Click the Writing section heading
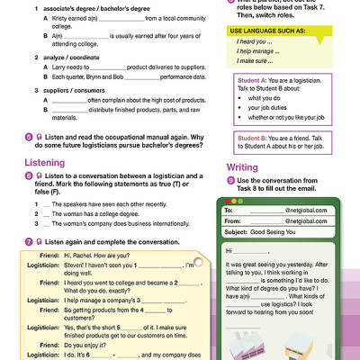pos(241,167)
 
